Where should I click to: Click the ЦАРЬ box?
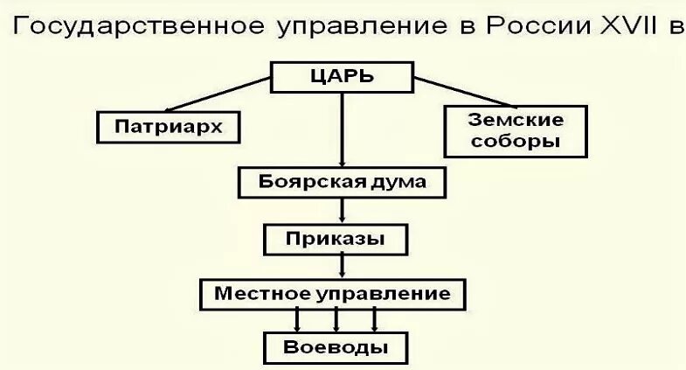click(342, 76)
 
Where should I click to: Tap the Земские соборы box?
click(516, 129)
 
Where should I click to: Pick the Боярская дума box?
click(343, 183)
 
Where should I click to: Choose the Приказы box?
click(336, 238)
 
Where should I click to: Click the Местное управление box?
click(334, 293)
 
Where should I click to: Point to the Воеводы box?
click(336, 347)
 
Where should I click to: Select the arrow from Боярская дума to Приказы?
click(343, 210)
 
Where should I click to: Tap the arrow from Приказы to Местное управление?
click(343, 265)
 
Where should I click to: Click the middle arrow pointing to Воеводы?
click(336, 319)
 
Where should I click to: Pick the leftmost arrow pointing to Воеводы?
click(298, 319)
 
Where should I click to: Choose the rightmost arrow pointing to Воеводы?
click(375, 319)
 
